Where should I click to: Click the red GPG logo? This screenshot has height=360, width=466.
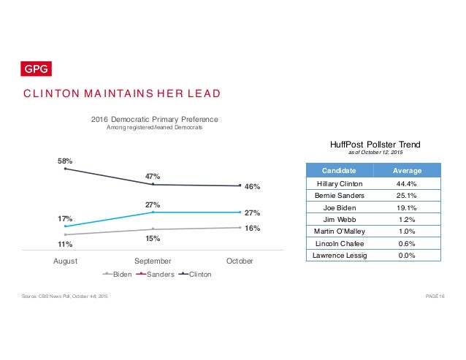pyautogui.click(x=36, y=69)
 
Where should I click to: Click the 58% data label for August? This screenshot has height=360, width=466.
pyautogui.click(x=65, y=161)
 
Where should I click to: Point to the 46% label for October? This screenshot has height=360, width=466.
pyautogui.click(x=252, y=186)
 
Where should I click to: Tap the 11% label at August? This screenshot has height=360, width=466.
pyautogui.click(x=65, y=244)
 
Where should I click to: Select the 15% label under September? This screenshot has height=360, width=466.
pyautogui.click(x=153, y=238)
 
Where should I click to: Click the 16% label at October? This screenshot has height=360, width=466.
pyautogui.click(x=252, y=228)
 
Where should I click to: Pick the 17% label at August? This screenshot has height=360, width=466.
pyautogui.click(x=65, y=218)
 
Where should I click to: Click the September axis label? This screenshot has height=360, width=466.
pyautogui.click(x=153, y=261)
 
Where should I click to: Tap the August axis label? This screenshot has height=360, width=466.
pyautogui.click(x=66, y=261)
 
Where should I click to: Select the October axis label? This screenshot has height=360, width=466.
pyautogui.click(x=240, y=261)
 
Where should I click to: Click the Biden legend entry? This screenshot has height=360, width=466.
pyautogui.click(x=117, y=274)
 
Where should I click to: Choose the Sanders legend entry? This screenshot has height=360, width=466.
pyautogui.click(x=155, y=274)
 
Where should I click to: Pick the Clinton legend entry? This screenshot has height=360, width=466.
pyautogui.click(x=195, y=274)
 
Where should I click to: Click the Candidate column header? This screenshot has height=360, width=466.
pyautogui.click(x=339, y=170)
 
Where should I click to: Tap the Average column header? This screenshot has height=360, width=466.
pyautogui.click(x=407, y=170)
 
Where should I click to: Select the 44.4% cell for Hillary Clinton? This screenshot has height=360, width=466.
pyautogui.click(x=406, y=184)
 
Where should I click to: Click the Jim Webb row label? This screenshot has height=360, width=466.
pyautogui.click(x=340, y=220)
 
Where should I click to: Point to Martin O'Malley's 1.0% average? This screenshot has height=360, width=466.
pyautogui.click(x=407, y=231)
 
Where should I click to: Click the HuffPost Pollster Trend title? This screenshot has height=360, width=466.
pyautogui.click(x=375, y=145)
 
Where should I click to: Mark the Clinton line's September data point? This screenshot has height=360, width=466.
pyautogui.click(x=153, y=184)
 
